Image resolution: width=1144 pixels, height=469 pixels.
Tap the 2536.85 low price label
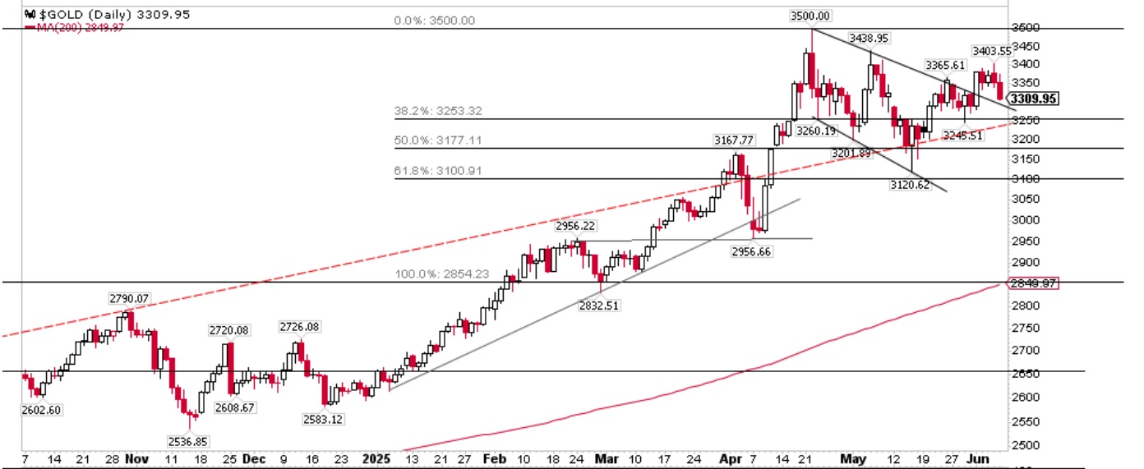(x=189, y=441)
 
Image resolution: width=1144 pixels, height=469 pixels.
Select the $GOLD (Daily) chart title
(x=77, y=14)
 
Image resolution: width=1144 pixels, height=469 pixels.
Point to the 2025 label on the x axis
(x=376, y=459)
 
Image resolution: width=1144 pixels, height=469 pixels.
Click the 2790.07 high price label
(x=128, y=297)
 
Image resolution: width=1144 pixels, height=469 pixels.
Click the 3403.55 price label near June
(x=992, y=51)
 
